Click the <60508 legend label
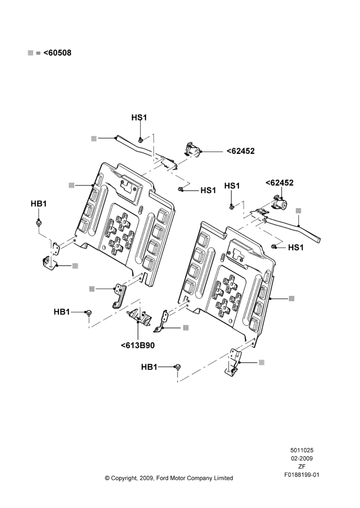(57, 52)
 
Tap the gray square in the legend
(31, 53)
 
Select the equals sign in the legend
(38, 53)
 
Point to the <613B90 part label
(137, 345)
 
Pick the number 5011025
(302, 450)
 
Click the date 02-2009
(302, 458)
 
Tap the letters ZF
(302, 467)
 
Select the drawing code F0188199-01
(302, 475)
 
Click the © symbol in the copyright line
(107, 478)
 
